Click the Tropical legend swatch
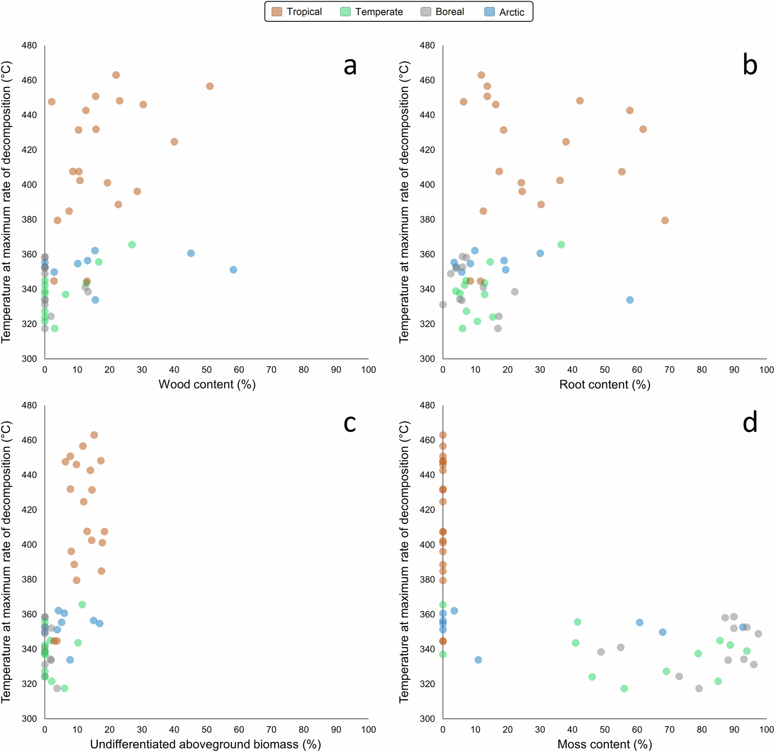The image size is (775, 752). coord(277,12)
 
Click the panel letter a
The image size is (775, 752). coord(350,65)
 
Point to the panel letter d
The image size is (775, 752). coord(750,422)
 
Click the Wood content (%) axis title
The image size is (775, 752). coord(207,384)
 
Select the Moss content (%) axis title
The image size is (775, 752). coord(604,744)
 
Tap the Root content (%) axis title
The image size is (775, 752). coord(604,384)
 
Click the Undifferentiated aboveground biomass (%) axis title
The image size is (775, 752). coord(205,744)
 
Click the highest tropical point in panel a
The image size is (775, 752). coord(116,75)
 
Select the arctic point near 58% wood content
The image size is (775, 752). coord(233,270)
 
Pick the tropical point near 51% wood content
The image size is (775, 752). coord(210,86)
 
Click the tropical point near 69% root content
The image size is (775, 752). coord(665,220)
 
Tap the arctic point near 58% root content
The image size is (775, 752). coord(630,300)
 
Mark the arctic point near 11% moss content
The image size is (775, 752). coord(478,660)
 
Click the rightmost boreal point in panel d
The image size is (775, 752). coord(758,634)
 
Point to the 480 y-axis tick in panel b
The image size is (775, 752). coord(427,45)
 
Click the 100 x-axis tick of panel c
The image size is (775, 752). coord(368,730)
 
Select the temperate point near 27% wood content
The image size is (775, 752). coord(132,245)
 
